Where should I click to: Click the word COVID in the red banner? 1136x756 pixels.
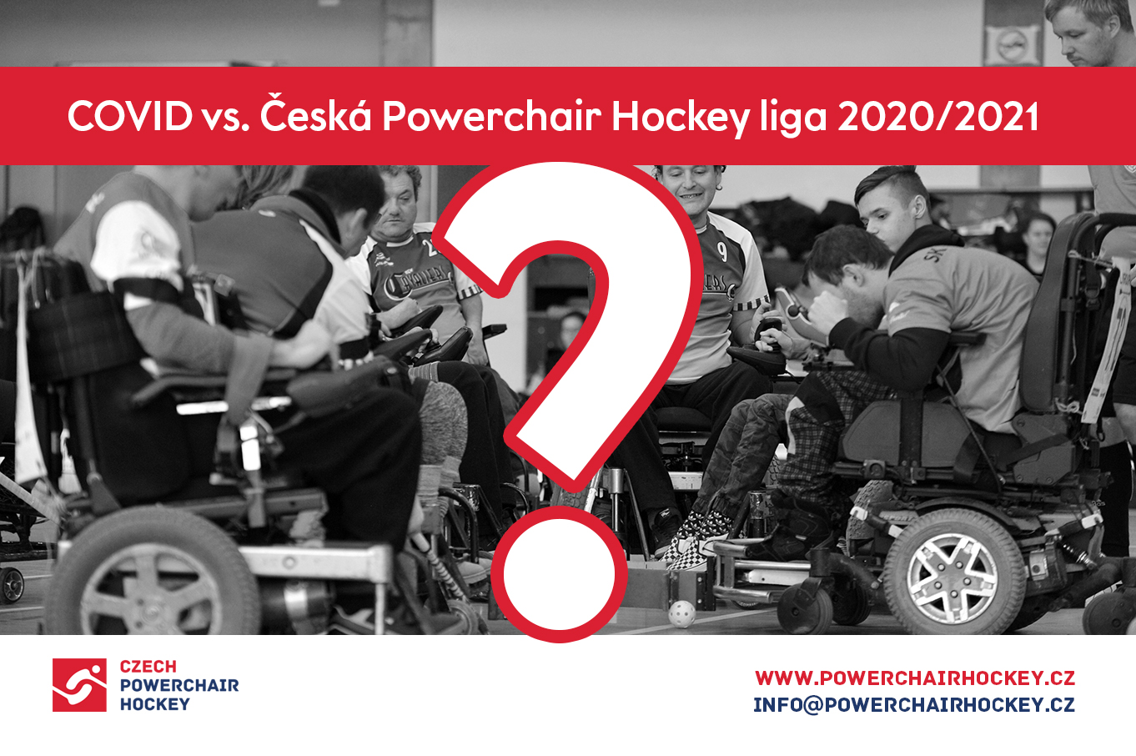[x=130, y=116]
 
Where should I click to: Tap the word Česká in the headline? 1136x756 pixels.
[x=315, y=112]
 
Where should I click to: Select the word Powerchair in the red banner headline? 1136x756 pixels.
[x=491, y=115]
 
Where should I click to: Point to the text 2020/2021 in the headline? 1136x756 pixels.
[x=937, y=116]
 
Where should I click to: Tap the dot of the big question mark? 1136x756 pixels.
[x=560, y=573]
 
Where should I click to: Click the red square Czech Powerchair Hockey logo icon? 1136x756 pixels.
[x=79, y=685]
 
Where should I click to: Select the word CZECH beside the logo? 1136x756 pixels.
[x=148, y=666]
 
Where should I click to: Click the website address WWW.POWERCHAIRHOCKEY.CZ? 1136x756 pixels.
[x=914, y=678]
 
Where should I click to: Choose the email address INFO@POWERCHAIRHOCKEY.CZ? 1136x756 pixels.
[x=914, y=705]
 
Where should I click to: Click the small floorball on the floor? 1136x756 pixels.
[x=682, y=614]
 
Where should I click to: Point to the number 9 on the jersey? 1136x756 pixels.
[x=722, y=252]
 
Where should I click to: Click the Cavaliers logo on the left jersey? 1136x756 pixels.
[x=417, y=280]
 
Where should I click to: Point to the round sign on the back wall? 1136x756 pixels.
[x=1012, y=45]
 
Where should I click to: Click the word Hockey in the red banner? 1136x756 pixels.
[x=681, y=118]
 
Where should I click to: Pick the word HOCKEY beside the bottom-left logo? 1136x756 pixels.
[x=154, y=704]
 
